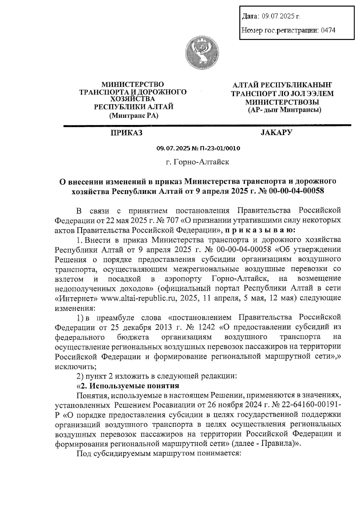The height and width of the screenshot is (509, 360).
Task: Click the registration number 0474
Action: (328, 30)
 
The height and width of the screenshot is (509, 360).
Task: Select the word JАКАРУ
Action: (276, 132)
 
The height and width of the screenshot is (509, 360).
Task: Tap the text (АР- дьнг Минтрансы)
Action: (284, 110)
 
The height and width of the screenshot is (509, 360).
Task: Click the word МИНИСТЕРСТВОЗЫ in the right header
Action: (282, 102)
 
